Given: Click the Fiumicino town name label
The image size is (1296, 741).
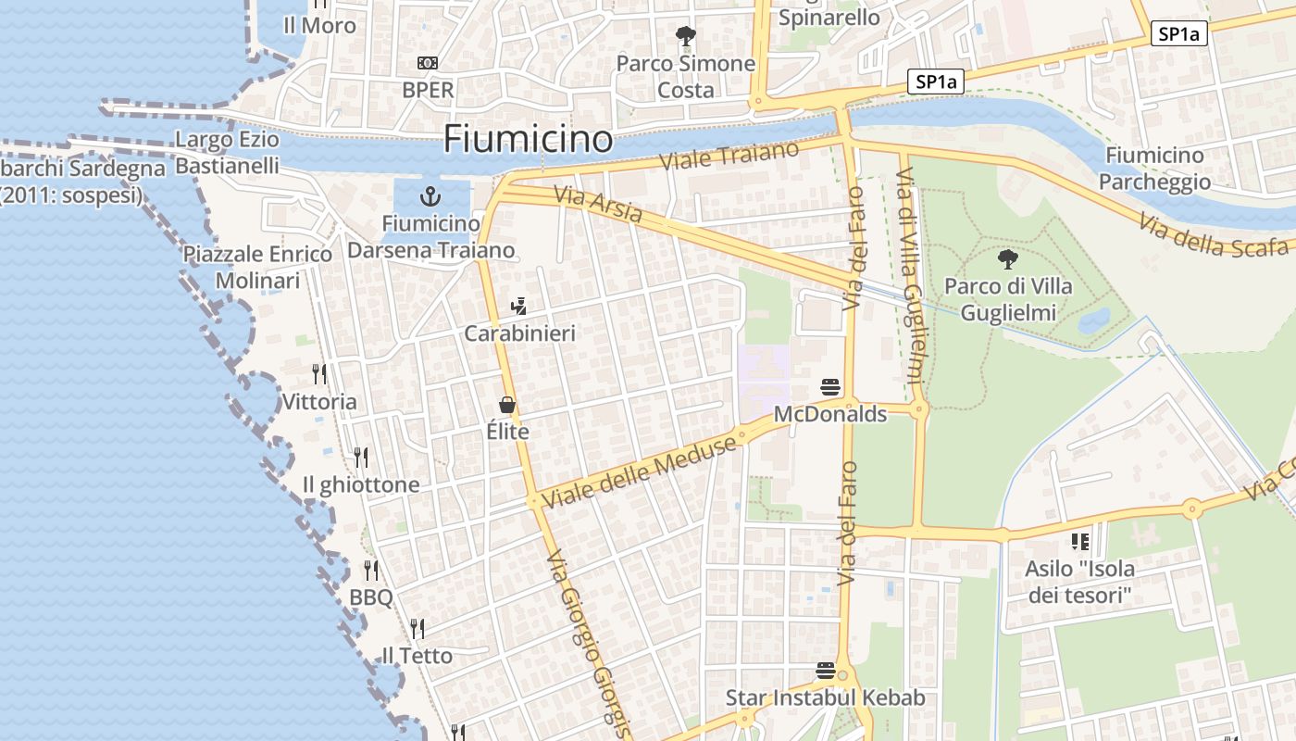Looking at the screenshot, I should click(x=528, y=139).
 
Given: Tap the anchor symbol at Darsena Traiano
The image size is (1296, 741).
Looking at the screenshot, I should click(x=430, y=195).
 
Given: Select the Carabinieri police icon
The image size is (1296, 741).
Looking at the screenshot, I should click(x=519, y=306).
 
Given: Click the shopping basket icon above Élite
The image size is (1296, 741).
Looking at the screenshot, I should click(x=507, y=404).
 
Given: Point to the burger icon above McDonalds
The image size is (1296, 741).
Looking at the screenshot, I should click(x=830, y=386).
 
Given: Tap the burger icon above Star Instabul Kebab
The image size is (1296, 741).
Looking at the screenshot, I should click(x=826, y=670).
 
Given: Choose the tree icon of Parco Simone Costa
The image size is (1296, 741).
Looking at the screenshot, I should click(x=685, y=36).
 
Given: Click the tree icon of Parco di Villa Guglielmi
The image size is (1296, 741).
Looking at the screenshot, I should click(x=1008, y=259).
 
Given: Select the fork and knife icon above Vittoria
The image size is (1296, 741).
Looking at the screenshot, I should click(x=319, y=374).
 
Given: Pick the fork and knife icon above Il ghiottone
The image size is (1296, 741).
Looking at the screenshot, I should click(x=361, y=457).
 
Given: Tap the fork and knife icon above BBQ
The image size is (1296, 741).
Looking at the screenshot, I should click(x=371, y=570).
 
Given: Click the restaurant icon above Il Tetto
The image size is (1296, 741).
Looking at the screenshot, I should click(x=417, y=629).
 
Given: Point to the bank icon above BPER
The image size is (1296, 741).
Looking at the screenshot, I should click(x=428, y=62).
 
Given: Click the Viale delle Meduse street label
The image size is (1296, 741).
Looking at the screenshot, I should click(x=640, y=471).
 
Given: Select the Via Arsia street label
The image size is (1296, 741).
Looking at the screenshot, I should click(x=598, y=204).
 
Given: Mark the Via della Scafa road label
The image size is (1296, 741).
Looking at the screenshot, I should click(x=1213, y=236).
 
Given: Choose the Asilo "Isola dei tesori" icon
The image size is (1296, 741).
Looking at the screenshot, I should click(x=1079, y=541).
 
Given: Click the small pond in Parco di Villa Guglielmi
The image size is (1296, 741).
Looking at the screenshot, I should click(x=1095, y=320).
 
